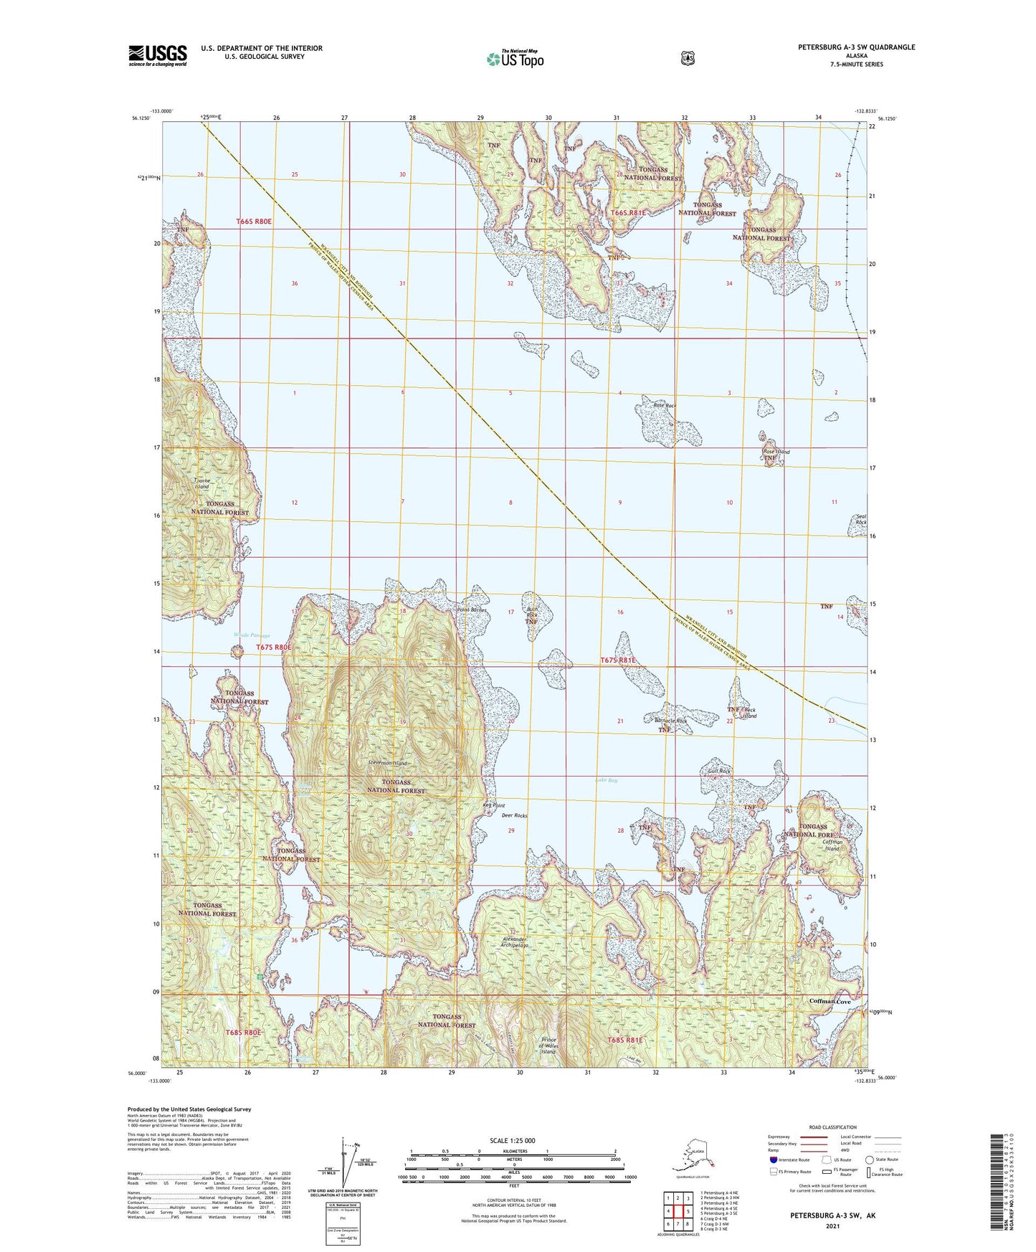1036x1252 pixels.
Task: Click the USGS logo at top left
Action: pos(158,54)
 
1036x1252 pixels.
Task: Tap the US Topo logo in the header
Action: pos(515,59)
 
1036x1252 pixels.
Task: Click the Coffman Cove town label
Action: pos(830,1001)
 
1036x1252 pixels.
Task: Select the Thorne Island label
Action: pos(201,483)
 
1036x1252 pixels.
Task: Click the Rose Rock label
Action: pos(664,406)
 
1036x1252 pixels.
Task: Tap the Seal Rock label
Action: pos(861,519)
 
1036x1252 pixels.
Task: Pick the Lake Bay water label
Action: pos(607,780)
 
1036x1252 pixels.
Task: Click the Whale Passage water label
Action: pos(252,635)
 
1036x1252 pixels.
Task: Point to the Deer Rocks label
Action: pos(514,816)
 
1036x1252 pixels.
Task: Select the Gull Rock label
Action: pos(718,772)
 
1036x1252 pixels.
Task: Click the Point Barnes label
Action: pos(472,611)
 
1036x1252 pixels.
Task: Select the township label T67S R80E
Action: pos(274,647)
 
